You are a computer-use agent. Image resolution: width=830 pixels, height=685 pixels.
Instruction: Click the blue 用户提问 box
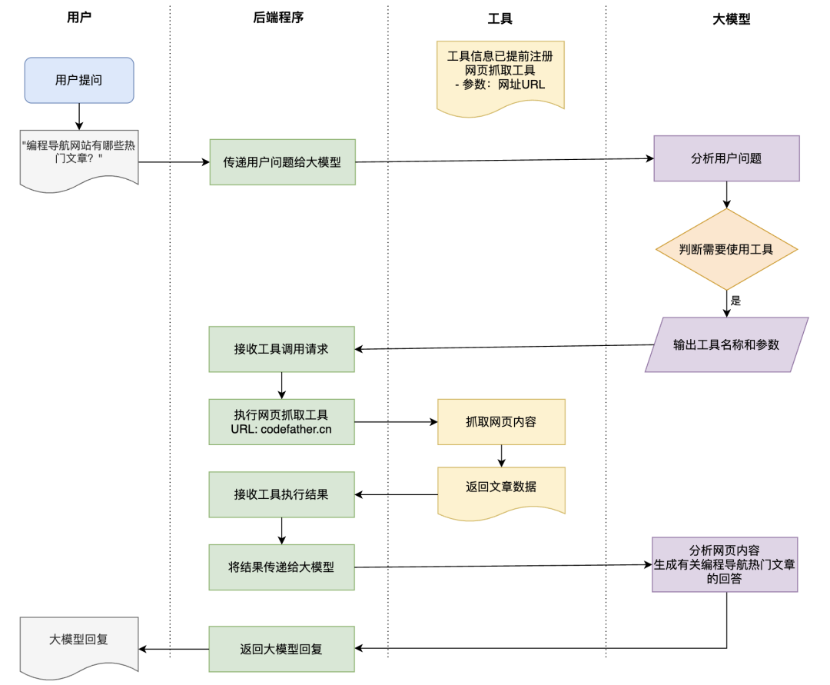[x=79, y=80]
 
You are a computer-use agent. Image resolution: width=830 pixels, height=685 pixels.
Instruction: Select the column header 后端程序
[x=278, y=17]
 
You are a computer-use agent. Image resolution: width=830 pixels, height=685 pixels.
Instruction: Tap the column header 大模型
[x=731, y=19]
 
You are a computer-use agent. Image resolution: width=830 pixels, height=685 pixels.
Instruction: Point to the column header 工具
[x=500, y=19]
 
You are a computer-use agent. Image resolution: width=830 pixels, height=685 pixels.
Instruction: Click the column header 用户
[x=79, y=17]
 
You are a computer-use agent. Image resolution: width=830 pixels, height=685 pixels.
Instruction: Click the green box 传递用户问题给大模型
[x=282, y=162]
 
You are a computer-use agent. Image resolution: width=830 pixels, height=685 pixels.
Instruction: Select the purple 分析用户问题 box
[x=726, y=158]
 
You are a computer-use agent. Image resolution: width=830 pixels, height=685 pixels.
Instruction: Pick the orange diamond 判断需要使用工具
[x=726, y=249]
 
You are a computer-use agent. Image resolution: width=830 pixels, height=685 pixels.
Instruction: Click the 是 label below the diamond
[x=735, y=301]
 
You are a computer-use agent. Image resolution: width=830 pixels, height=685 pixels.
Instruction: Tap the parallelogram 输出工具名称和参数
[x=726, y=344]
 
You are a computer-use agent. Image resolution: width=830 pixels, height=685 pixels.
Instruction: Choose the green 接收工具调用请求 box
[x=281, y=348]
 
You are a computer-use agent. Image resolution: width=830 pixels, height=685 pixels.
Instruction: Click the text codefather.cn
[x=296, y=429]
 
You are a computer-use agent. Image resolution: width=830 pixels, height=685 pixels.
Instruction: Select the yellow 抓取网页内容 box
[x=501, y=421]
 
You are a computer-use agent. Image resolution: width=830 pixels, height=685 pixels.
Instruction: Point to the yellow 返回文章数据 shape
[x=501, y=487]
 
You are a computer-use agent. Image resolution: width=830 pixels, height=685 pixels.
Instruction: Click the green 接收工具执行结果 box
[x=281, y=494]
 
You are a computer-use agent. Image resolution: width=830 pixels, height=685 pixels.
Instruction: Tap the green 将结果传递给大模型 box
[x=281, y=567]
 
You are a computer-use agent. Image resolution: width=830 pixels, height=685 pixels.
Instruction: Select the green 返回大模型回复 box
[x=281, y=649]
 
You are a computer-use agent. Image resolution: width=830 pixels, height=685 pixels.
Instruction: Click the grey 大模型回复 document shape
[x=79, y=640]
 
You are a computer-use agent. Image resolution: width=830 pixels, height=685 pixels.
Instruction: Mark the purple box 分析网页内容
[x=725, y=564]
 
